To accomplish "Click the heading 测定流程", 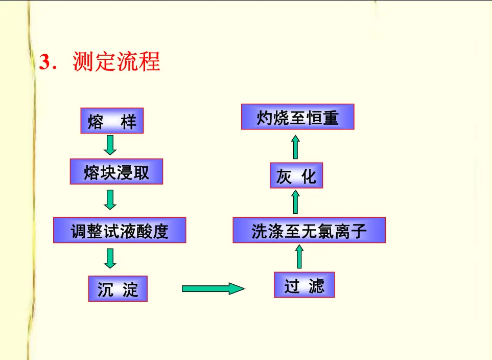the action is pyautogui.click(x=116, y=62).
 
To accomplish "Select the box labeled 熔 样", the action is pyautogui.click(x=112, y=121).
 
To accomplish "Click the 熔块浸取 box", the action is pyautogui.click(x=116, y=172).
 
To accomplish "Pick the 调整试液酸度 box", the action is pyautogui.click(x=120, y=230).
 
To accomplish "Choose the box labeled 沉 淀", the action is pyautogui.click(x=118, y=289).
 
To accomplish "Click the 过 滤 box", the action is pyautogui.click(x=304, y=285).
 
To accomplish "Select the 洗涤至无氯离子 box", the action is pyautogui.click(x=309, y=230).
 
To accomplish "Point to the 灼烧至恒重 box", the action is pyautogui.click(x=297, y=117).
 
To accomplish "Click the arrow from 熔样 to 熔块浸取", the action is pyautogui.click(x=110, y=145).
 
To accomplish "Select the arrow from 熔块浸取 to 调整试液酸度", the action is pyautogui.click(x=110, y=199).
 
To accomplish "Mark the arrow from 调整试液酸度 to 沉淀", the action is pyautogui.click(x=110, y=258).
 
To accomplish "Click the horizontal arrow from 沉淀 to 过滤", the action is pyautogui.click(x=213, y=289).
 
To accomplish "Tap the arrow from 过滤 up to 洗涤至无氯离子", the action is pyautogui.click(x=299, y=257).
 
